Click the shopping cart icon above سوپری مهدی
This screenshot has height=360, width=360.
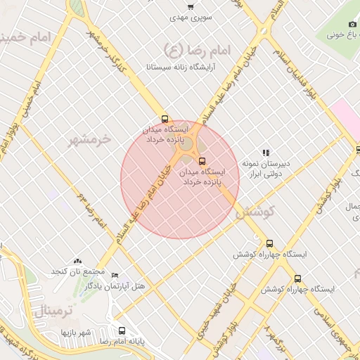click(191, 6)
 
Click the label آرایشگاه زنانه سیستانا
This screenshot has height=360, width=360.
click(181, 67)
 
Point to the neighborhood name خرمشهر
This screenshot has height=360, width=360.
click(89, 140)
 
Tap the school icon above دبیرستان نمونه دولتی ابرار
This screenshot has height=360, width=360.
click(266, 152)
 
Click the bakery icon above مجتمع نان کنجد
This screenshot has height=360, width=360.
click(77, 261)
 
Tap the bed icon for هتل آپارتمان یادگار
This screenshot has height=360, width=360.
click(115, 275)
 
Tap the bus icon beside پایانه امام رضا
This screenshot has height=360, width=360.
click(122, 330)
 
